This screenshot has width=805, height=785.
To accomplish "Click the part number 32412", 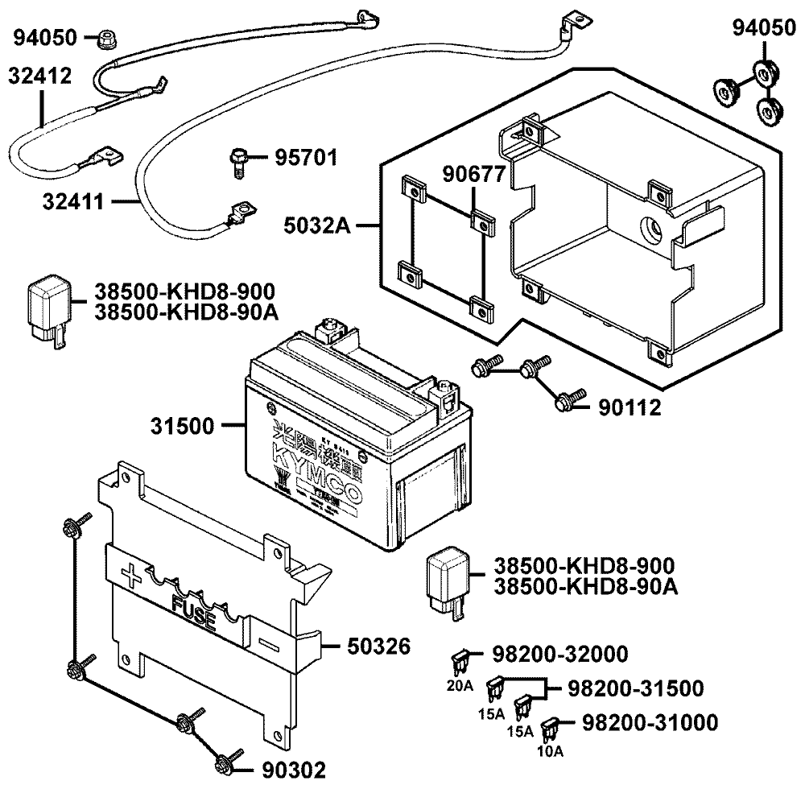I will tap(39, 76).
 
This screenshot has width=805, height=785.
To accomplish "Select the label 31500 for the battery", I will tap(183, 426).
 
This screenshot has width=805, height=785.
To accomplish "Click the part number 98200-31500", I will tap(635, 688).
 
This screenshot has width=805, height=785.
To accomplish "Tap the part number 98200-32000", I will tap(560, 654).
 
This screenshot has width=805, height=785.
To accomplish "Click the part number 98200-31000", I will tap(650, 723).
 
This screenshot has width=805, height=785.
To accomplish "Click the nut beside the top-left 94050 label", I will tap(105, 38).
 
